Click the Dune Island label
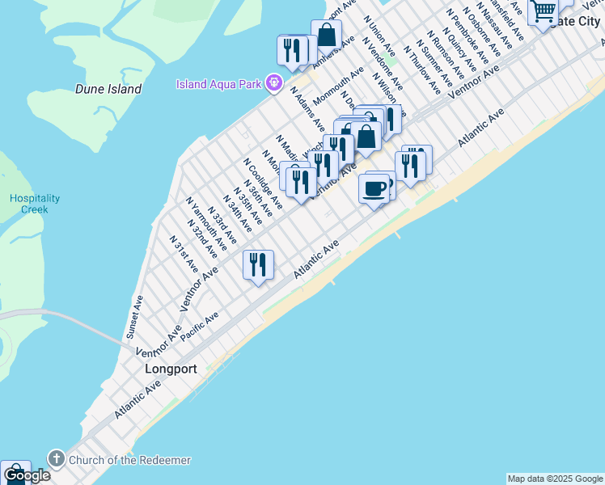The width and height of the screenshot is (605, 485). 108,89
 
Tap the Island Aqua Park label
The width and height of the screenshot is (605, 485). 221,84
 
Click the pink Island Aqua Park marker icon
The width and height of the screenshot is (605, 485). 275,83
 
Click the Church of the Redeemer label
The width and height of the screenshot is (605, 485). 129,460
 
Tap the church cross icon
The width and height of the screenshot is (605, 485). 56,459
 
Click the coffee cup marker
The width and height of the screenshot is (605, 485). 374,189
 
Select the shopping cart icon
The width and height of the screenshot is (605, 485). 544,11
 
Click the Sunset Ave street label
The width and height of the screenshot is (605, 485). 134,316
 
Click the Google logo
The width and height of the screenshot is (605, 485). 27,475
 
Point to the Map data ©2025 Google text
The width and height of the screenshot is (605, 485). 555,479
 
